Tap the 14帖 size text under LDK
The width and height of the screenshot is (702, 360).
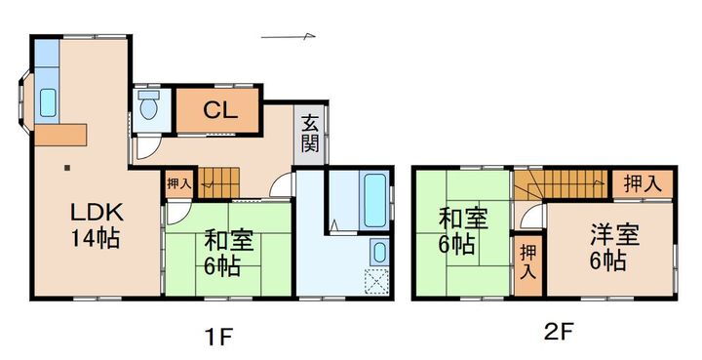pos(95,237)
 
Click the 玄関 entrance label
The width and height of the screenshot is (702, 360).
pos(310,134)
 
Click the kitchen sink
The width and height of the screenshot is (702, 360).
pos(48,100)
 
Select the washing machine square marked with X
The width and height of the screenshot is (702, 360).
pos(376,282)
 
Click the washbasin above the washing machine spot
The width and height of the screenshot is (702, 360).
pos(378,255)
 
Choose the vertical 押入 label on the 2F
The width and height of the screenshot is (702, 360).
pos(528,260)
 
